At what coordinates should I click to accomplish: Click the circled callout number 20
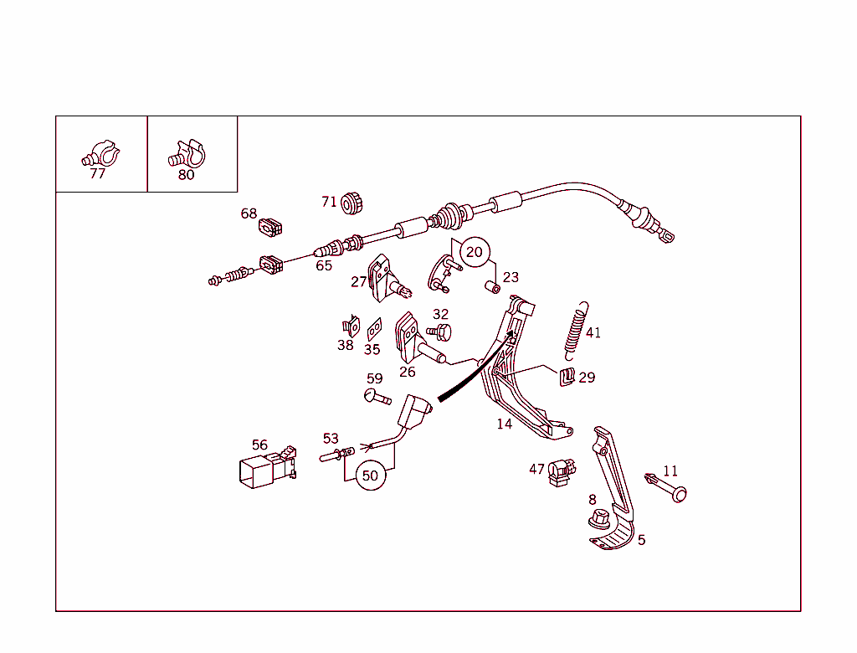point(475,252)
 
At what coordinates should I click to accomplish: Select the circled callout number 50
point(370,476)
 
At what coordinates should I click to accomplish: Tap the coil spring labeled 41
point(576,331)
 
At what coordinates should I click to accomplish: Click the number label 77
point(97,173)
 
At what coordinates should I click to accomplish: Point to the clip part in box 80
point(187,154)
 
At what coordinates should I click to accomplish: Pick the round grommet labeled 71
point(352,203)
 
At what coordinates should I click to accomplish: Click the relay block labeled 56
point(268,467)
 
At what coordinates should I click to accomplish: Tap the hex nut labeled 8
point(599,518)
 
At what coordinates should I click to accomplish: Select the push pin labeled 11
point(665,487)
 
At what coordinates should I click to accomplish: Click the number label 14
point(505,424)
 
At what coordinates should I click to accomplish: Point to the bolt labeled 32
point(439,332)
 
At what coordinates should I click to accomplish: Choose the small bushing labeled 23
point(492,287)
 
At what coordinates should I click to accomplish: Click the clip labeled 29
point(567,377)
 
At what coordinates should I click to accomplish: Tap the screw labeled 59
point(377,397)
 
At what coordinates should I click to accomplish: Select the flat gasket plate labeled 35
point(374,329)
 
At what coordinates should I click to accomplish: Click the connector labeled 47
point(562,472)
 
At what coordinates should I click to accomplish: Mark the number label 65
point(324,265)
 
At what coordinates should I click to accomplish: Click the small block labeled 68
point(270,227)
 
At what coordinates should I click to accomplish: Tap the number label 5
point(642,540)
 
